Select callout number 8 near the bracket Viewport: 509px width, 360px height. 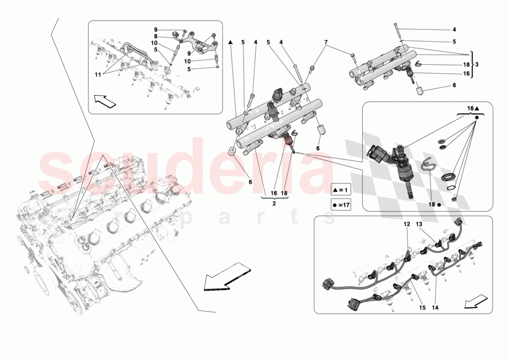coord(155,36)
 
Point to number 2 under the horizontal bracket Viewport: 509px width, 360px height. coord(273,204)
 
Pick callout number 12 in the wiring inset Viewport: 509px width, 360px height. coord(407,224)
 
